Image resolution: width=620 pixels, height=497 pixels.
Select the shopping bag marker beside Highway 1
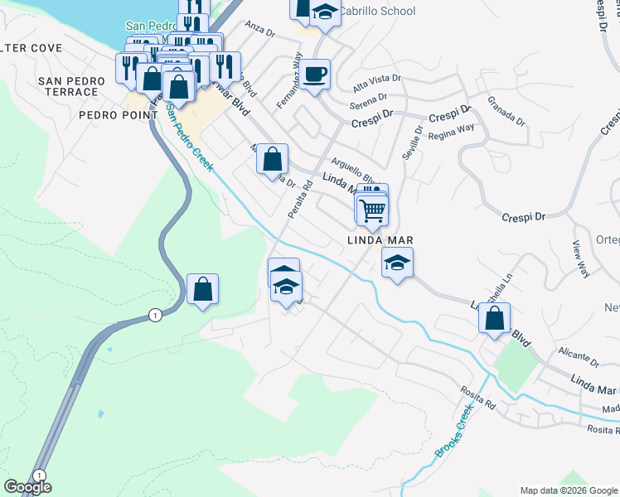(202, 290)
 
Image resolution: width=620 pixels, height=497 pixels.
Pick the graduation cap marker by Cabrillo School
(325, 12)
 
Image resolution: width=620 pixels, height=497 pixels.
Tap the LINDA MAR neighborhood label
(380, 241)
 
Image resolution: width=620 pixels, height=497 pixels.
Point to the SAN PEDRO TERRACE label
(71, 86)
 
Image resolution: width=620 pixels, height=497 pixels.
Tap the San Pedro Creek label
(190, 138)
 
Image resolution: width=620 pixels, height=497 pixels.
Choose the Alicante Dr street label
(579, 356)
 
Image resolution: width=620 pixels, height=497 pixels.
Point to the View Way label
(581, 258)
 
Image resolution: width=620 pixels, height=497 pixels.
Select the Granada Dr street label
(506, 111)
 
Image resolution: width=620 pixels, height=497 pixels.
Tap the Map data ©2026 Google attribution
(569, 490)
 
